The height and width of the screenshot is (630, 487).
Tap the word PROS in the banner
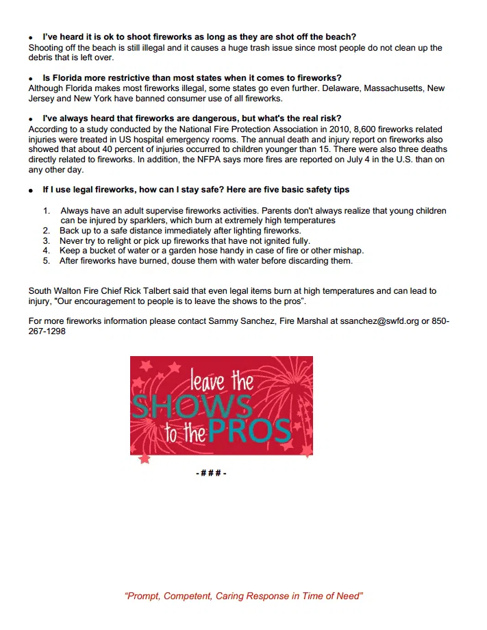[x=251, y=431]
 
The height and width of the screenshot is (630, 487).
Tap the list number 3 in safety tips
[x=46, y=241]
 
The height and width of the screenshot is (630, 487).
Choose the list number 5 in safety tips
[x=46, y=261]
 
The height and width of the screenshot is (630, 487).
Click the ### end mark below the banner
[x=211, y=473]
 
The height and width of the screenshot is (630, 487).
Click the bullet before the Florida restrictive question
[x=31, y=79]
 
